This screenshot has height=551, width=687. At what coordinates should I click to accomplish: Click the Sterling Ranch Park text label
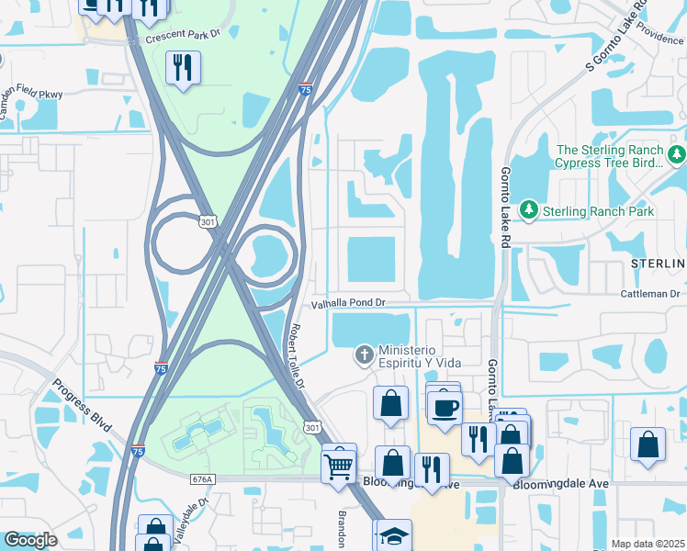[x=598, y=211]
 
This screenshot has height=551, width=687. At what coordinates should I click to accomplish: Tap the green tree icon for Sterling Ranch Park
[x=529, y=210]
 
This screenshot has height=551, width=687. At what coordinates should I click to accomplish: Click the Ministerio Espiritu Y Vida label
[x=421, y=355]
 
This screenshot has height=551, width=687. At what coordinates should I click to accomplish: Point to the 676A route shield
[x=203, y=478]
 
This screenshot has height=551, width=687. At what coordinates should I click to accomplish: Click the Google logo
[x=30, y=540]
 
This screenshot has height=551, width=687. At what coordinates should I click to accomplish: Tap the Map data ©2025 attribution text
[x=648, y=544]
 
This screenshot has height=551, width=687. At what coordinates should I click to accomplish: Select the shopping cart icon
[x=339, y=465]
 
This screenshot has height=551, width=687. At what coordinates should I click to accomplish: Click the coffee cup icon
[x=444, y=407]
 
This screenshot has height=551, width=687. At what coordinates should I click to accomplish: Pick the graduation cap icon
[x=394, y=535]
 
